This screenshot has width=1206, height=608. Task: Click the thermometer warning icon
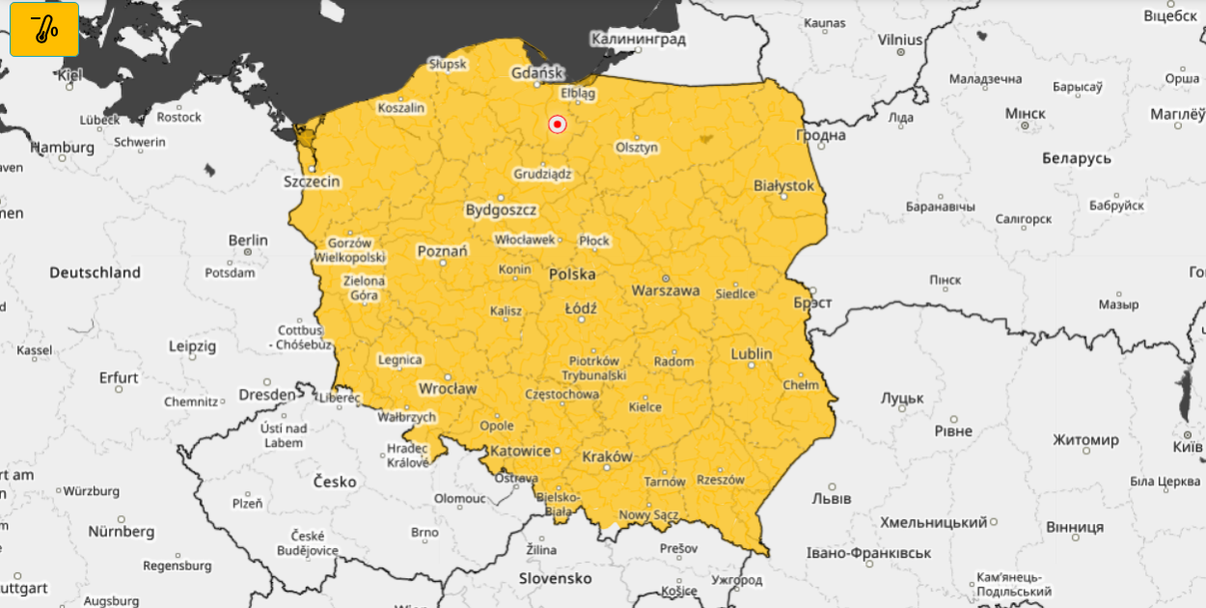44,29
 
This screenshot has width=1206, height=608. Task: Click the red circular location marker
557,124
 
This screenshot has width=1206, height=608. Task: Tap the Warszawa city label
666,290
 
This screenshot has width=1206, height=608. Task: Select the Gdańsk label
536,73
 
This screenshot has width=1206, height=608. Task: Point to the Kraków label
607,456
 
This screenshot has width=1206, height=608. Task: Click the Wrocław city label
447,388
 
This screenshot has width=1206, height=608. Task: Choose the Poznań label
442,251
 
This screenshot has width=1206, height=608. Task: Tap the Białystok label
783,185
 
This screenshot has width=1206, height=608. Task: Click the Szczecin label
312,180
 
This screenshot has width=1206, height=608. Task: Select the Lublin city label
752,354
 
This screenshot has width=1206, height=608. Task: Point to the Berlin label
248,240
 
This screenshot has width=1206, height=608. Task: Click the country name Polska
572,274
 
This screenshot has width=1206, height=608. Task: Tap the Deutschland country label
95,273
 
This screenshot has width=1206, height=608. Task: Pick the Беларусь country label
1076,158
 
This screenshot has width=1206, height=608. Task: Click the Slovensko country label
555,578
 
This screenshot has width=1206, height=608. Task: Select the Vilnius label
900,40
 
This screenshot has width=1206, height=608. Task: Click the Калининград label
638,40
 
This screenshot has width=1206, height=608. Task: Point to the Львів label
831,499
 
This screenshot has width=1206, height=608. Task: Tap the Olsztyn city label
637,148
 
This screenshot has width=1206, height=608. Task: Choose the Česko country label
334,482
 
